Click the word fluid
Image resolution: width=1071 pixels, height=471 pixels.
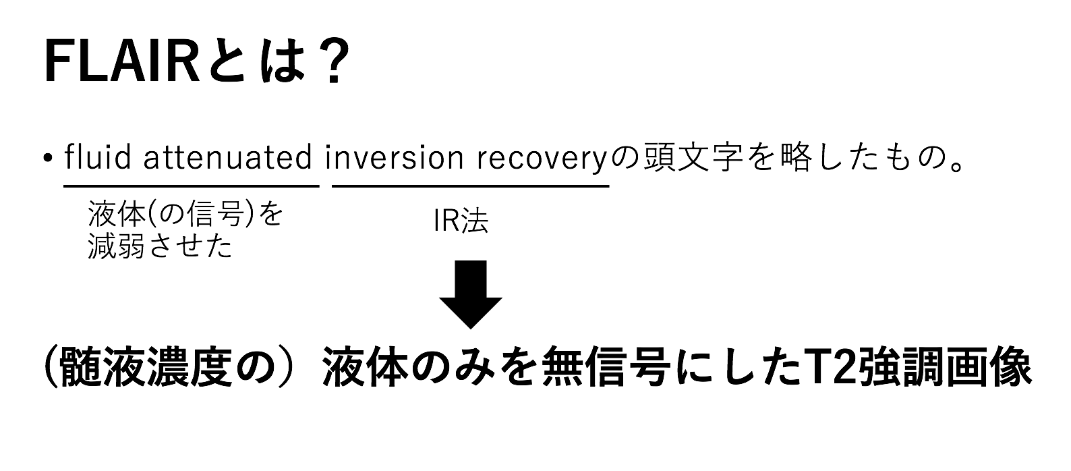click(98, 157)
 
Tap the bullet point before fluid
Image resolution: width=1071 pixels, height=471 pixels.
click(47, 159)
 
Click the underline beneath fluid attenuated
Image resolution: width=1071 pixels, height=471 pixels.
click(192, 186)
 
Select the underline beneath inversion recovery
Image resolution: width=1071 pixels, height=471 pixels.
click(471, 186)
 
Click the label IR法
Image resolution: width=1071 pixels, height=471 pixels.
click(461, 221)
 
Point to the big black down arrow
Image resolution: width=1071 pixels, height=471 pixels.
click(471, 295)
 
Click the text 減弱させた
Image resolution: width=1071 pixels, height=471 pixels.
click(160, 246)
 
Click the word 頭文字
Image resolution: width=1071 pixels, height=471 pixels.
click(693, 157)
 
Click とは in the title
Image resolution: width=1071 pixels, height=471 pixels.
click(256, 63)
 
